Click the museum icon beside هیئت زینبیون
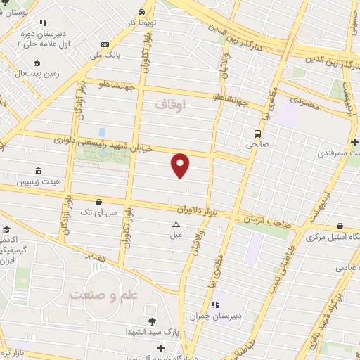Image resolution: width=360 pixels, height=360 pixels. pyautogui.click(x=37, y=172)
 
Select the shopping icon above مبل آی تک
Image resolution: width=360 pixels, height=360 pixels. pyautogui.click(x=98, y=201)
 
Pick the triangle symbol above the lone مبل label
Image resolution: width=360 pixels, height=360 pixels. pyautogui.click(x=176, y=224)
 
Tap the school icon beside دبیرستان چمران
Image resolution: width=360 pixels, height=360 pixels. pyautogui.click(x=216, y=304)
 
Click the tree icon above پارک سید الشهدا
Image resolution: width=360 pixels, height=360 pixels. pyautogui.click(x=153, y=321)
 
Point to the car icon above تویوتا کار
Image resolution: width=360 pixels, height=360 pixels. pyautogui.click(x=142, y=12)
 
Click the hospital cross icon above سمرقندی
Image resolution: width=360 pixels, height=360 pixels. pyautogui.click(x=355, y=142)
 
